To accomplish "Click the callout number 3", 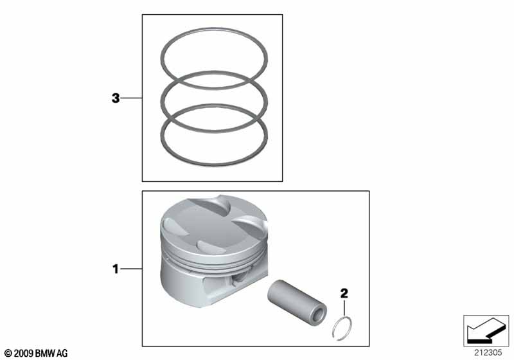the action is click(x=116, y=98).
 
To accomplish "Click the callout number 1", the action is click(x=116, y=269).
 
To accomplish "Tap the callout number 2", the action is click(x=344, y=293).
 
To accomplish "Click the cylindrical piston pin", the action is click(x=297, y=300).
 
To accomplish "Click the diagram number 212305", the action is click(x=488, y=353).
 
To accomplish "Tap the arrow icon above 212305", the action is click(x=486, y=330).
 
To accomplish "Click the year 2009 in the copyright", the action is click(x=24, y=354).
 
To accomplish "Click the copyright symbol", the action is click(x=8, y=354).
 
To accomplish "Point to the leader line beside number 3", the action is click(x=132, y=98).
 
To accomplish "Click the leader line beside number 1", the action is click(x=131, y=269).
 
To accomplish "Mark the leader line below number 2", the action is click(x=344, y=307).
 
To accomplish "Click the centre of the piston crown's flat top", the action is click(x=210, y=226).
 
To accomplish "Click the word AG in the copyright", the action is click(x=62, y=354).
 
